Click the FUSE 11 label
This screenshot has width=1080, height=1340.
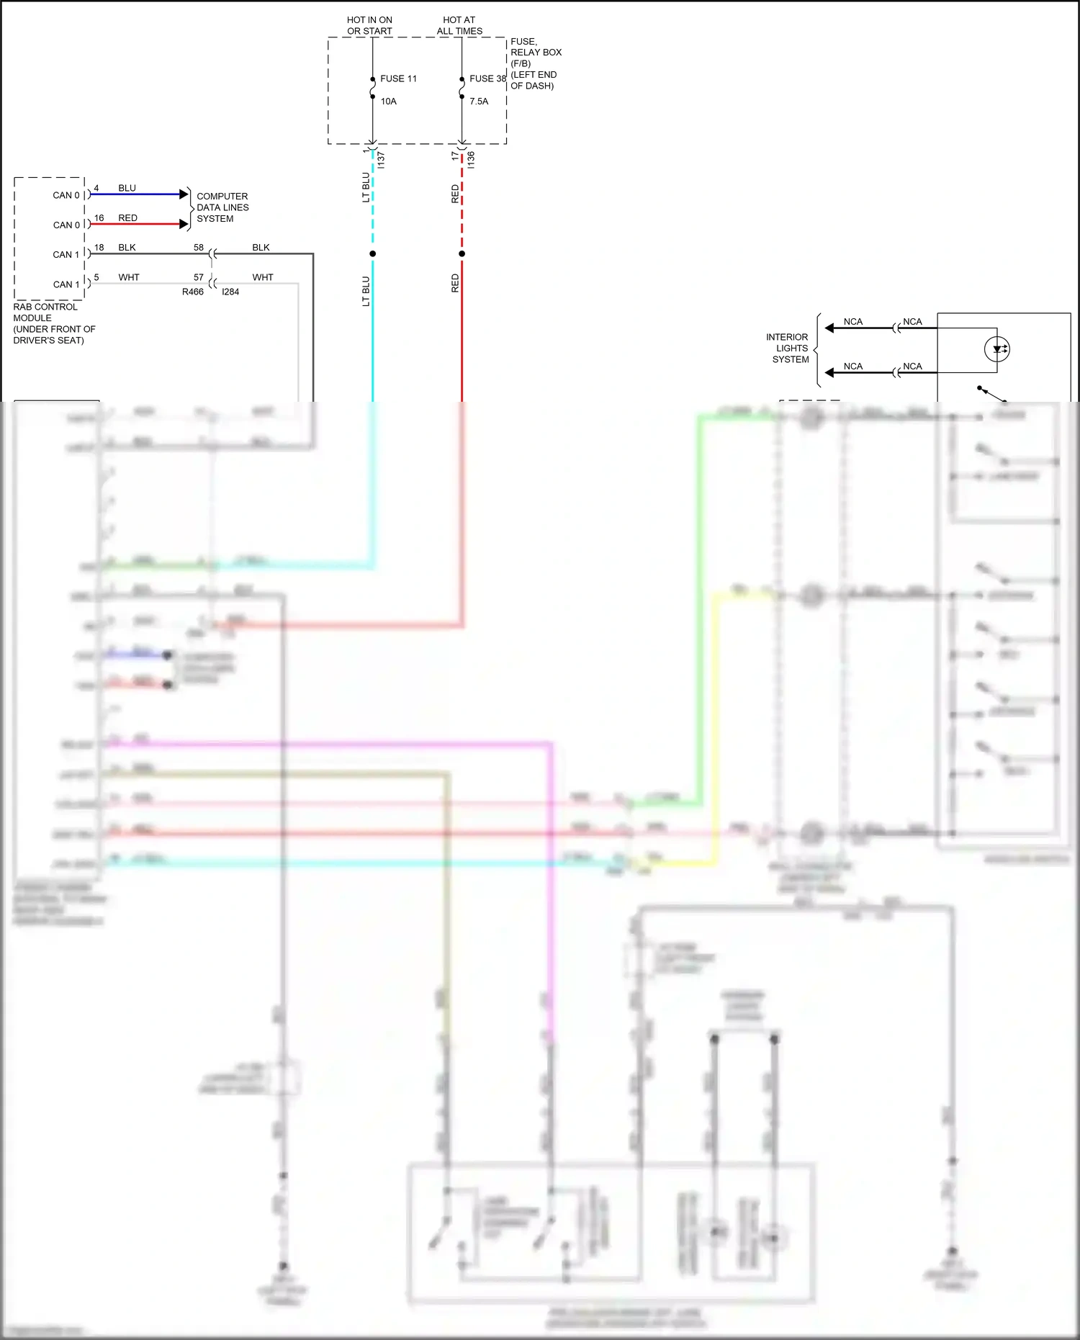click(x=398, y=78)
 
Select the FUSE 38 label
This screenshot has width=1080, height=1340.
click(x=487, y=78)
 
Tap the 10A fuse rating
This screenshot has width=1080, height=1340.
click(x=389, y=102)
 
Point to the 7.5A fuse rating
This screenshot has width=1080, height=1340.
click(x=479, y=102)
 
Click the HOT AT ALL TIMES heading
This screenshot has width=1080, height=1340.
click(x=459, y=25)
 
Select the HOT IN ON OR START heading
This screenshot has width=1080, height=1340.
click(x=369, y=25)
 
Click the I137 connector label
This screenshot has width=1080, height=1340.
click(x=381, y=160)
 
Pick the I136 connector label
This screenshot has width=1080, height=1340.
click(x=471, y=160)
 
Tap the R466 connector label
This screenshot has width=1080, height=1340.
click(x=192, y=292)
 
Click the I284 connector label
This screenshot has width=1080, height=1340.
click(x=230, y=292)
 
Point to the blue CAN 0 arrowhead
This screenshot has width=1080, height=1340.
click(x=184, y=194)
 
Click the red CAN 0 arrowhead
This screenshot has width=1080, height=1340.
click(x=184, y=224)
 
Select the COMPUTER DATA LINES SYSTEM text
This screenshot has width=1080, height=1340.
click(x=222, y=207)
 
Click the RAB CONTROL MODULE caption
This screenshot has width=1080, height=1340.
click(x=53, y=323)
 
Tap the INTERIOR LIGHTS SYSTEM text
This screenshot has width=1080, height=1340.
click(x=788, y=348)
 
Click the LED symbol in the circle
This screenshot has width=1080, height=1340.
click(x=997, y=350)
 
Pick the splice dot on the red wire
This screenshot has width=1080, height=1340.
click(x=462, y=253)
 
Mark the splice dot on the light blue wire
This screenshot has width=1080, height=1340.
click(x=372, y=253)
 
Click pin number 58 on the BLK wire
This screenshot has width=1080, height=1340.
click(x=199, y=247)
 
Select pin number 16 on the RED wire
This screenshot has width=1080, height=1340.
click(x=99, y=217)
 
